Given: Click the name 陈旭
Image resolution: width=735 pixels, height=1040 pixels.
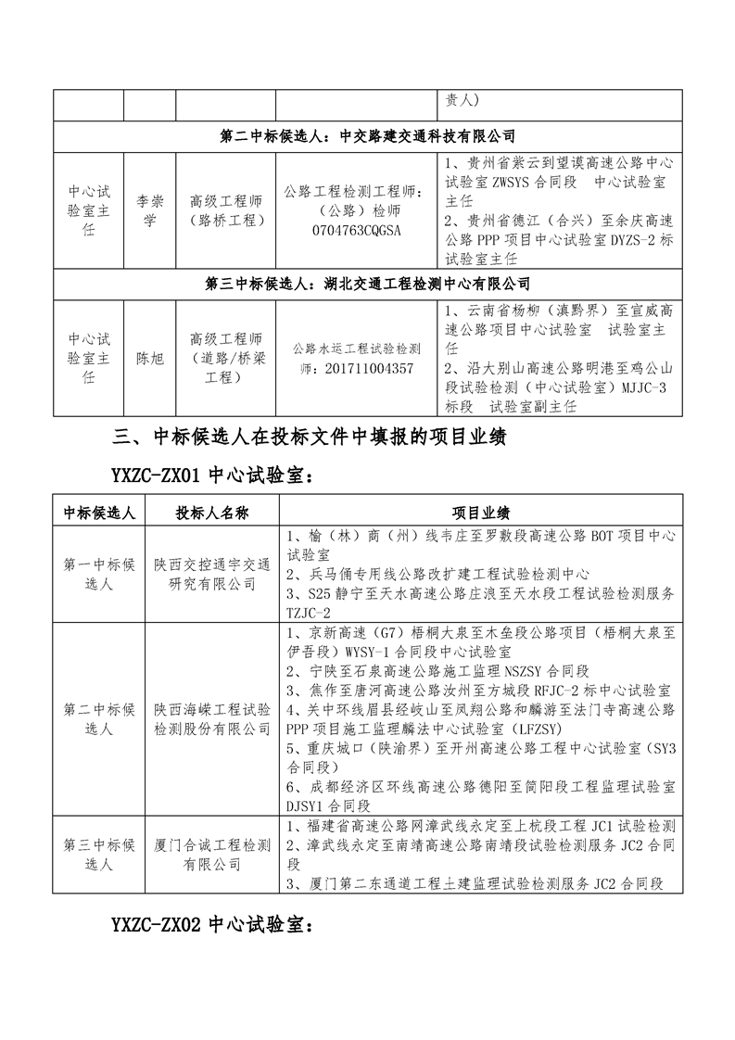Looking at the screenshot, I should (149, 358).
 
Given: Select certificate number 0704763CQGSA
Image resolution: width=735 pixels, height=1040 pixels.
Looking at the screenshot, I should (357, 230).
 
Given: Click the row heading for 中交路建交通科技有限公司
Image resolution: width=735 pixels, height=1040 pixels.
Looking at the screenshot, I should (367, 135).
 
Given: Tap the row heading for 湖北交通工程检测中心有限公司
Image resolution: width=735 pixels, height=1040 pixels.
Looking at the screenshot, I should (367, 284).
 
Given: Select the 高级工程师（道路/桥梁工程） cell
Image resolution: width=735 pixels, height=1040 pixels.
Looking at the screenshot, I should (225, 358).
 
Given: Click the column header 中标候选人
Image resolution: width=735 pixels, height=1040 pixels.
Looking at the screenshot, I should (99, 513).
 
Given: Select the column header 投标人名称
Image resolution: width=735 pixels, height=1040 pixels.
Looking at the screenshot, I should (212, 513).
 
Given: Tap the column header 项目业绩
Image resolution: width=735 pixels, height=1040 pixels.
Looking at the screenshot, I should (480, 513).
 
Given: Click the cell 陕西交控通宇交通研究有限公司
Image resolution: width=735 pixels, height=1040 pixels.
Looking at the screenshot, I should (212, 574).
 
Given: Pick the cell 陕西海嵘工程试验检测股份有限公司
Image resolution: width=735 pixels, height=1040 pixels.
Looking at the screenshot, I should (212, 719).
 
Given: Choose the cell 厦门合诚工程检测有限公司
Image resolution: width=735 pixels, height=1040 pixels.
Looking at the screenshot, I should (212, 855).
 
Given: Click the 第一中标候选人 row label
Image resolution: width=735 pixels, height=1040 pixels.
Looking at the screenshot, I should (99, 574).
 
